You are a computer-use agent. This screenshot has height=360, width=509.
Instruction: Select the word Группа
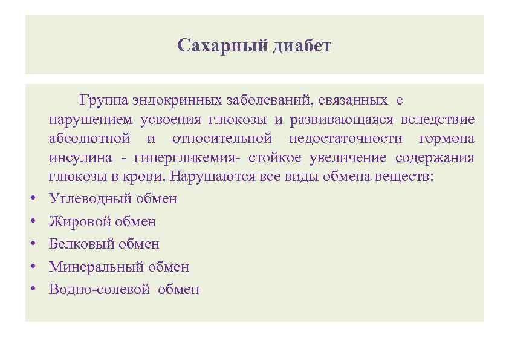tap(101, 99)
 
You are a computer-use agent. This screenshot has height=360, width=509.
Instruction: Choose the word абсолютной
tap(89, 139)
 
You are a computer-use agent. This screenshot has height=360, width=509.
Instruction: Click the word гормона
tap(446, 139)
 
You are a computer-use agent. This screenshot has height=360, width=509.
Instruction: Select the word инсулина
tap(80, 159)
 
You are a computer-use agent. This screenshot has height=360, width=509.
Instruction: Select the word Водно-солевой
tap(99, 289)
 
